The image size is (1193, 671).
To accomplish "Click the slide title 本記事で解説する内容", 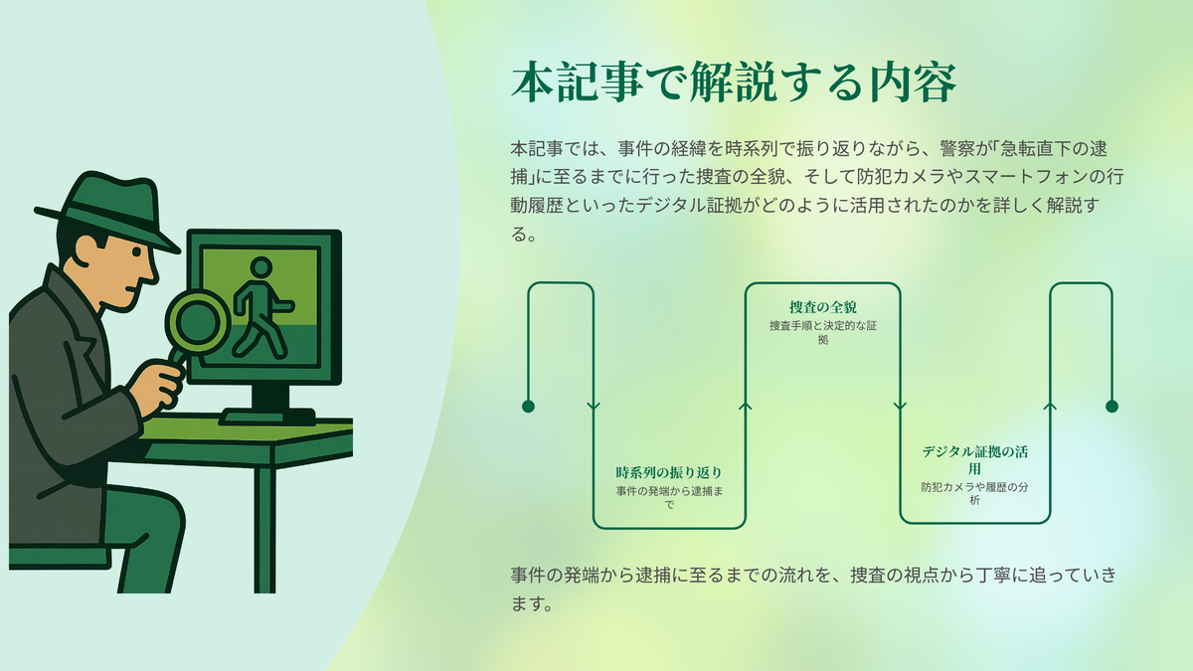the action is (734, 82).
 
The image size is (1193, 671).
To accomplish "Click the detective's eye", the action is (137, 251).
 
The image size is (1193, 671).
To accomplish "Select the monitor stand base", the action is (267, 417).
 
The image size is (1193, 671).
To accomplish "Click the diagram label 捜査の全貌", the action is (823, 307).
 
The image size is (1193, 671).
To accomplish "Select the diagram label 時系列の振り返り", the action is (669, 472).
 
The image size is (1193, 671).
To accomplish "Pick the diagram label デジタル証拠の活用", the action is (974, 460).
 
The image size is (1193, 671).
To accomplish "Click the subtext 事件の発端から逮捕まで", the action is (669, 497).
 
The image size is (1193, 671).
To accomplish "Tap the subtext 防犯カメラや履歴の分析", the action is (974, 494).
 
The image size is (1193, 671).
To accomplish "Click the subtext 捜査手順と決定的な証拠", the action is (823, 332).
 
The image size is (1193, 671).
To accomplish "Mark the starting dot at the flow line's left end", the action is (528, 407).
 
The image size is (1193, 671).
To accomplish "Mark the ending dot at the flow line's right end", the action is (1112, 407).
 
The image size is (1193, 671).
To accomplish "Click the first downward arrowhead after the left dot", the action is (594, 407).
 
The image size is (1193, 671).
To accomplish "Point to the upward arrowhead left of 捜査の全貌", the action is (745, 407).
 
